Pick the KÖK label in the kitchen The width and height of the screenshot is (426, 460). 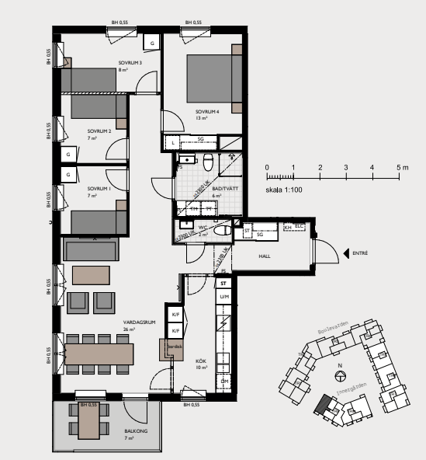(x=200, y=361)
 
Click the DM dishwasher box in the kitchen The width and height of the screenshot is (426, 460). (x=223, y=382)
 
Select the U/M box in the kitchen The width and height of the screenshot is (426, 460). (x=223, y=298)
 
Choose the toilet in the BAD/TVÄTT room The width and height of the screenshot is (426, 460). (x=208, y=163)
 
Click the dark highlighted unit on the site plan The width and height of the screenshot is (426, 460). (x=321, y=404)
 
